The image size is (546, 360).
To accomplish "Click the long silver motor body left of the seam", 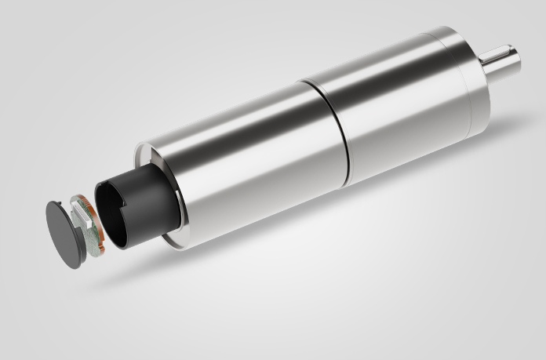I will pyautogui.click(x=251, y=157).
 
